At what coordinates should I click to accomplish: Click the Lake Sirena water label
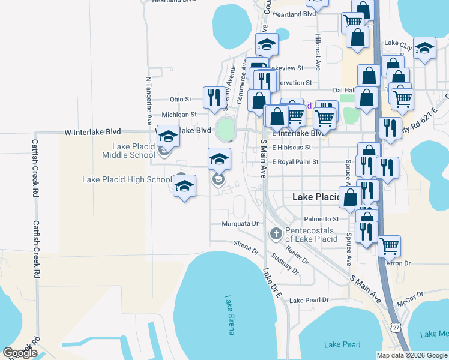pyautogui.click(x=231, y=315)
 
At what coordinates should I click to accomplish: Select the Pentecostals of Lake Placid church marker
pyautogui.click(x=276, y=233)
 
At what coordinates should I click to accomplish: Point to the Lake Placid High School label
pyautogui.click(x=127, y=179)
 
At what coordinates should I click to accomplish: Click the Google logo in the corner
pyautogui.click(x=20, y=353)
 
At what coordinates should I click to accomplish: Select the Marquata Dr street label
pyautogui.click(x=240, y=223)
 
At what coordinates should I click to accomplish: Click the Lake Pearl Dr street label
pyautogui.click(x=309, y=299)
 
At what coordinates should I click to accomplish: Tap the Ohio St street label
pyautogui.click(x=180, y=99)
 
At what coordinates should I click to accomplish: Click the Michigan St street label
pyautogui.click(x=179, y=114)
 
